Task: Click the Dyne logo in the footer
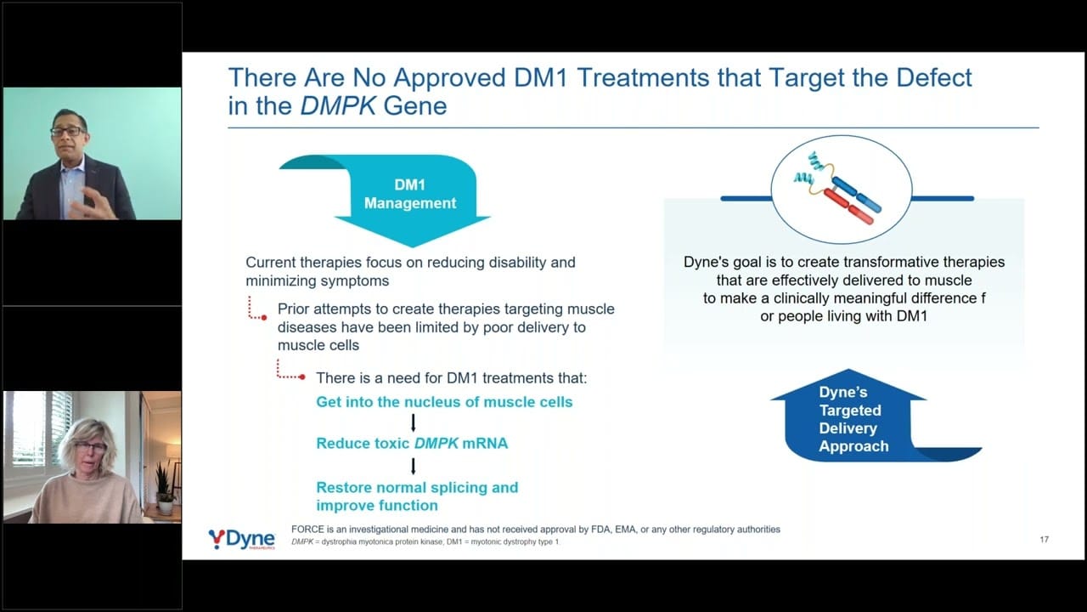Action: click(242, 539)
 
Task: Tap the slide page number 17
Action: click(1045, 540)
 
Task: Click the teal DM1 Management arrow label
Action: click(410, 194)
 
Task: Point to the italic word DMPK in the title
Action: click(338, 106)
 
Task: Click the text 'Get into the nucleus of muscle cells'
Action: click(444, 402)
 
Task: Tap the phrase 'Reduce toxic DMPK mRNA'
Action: click(412, 444)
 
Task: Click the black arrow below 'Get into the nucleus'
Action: click(413, 422)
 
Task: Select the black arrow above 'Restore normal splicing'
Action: click(413, 466)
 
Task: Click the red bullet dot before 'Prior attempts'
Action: click(264, 318)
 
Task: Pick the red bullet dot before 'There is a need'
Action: click(302, 377)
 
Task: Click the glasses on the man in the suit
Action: click(68, 132)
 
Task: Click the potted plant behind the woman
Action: click(164, 488)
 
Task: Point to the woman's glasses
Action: click(90, 447)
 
